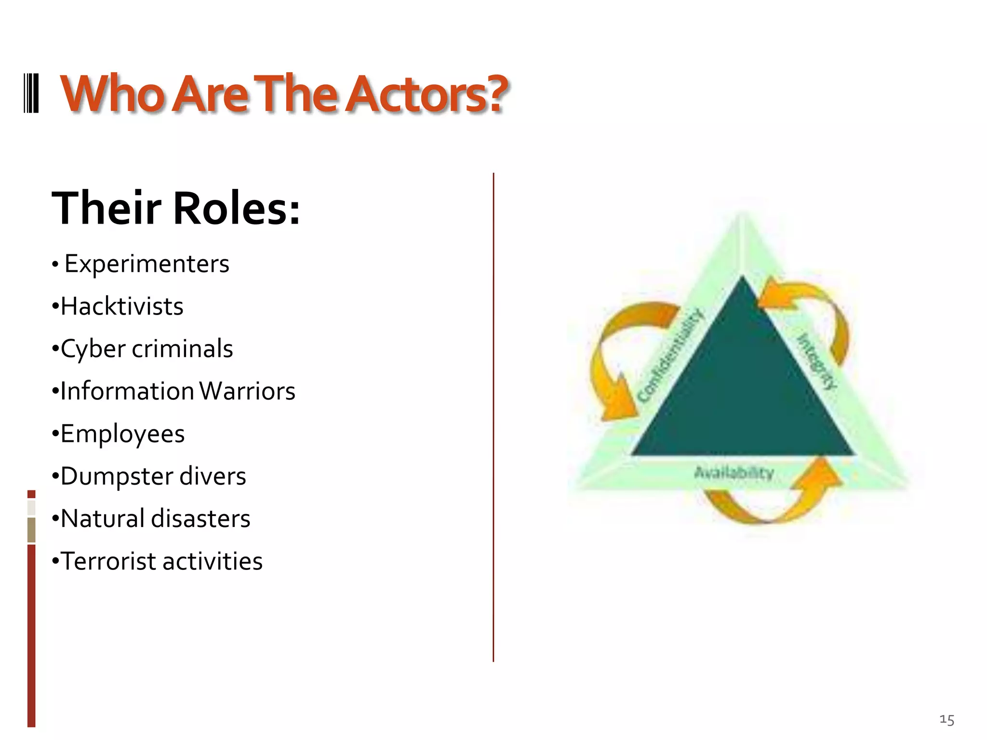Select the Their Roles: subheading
tap(176, 208)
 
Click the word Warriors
tap(247, 391)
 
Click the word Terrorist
tap(109, 561)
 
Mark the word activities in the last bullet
tap(213, 561)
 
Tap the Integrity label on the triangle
tap(817, 361)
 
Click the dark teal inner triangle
tap(742, 395)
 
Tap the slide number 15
tap(947, 720)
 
